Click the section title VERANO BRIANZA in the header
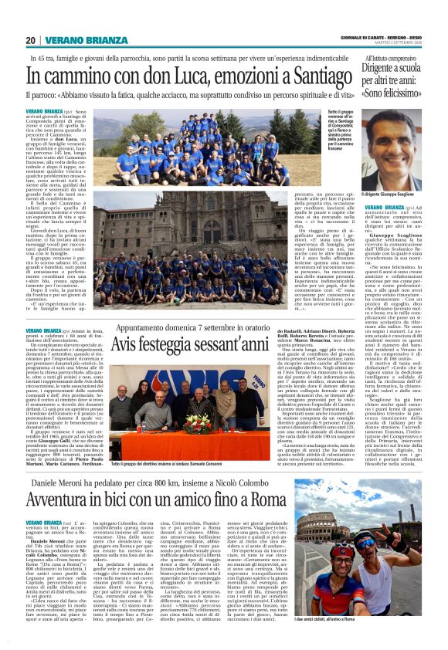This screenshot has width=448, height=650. (x=76, y=40)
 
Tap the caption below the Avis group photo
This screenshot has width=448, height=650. (x=183, y=464)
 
